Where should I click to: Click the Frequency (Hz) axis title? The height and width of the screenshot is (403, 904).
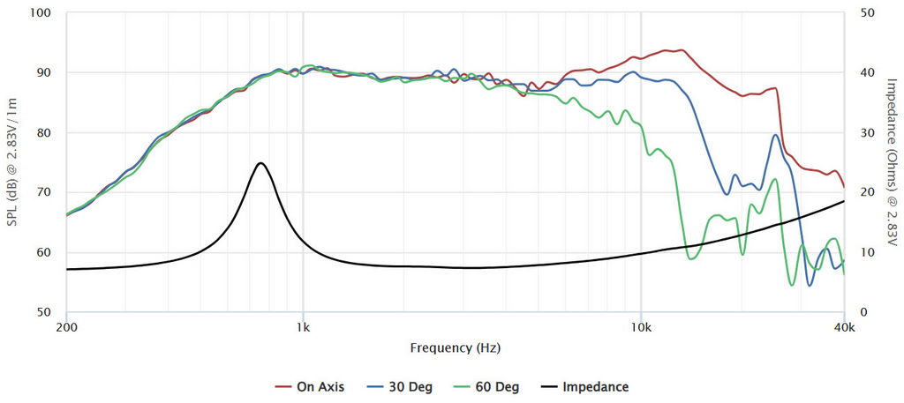click(x=456, y=347)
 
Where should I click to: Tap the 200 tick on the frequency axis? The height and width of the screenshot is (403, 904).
click(x=66, y=327)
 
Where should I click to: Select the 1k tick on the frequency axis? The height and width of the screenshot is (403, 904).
click(x=303, y=327)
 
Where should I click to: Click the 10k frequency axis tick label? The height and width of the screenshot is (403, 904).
click(x=641, y=327)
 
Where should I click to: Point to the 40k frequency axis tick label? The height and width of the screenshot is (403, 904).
click(x=844, y=327)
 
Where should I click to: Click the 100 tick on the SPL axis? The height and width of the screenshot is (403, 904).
click(x=41, y=13)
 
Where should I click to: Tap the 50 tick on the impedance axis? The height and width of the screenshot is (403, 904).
click(x=867, y=13)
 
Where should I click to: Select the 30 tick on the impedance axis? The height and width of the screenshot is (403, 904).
click(x=867, y=133)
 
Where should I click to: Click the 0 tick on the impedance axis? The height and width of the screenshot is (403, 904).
click(x=863, y=312)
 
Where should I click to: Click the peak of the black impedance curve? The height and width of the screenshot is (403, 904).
click(x=260, y=163)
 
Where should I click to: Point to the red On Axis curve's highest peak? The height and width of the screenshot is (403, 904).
click(x=681, y=50)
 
